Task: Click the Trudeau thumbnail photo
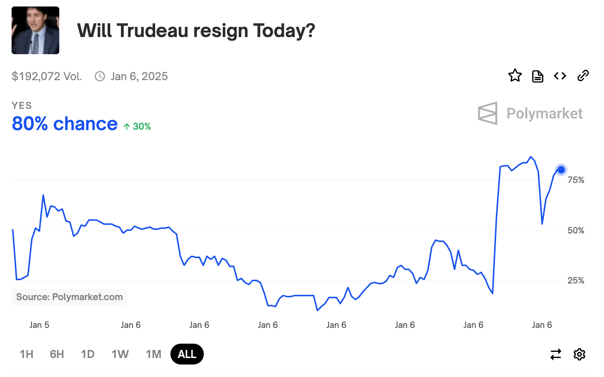[35, 30]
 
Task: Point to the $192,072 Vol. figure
[47, 76]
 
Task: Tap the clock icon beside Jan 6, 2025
[100, 76]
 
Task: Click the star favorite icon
[515, 75]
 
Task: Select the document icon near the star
[537, 76]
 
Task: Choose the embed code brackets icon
[560, 75]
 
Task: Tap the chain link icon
[583, 75]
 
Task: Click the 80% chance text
[65, 124]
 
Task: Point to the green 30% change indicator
[138, 126]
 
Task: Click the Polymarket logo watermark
[530, 113]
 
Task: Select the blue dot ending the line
[561, 170]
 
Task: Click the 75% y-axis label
[576, 180]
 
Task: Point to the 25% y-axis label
[576, 281]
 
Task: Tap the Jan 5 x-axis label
[39, 325]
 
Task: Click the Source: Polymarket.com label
[69, 297]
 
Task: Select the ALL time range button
[187, 354]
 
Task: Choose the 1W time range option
[120, 354]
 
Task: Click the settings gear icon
[579, 354]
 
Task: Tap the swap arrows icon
[556, 354]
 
